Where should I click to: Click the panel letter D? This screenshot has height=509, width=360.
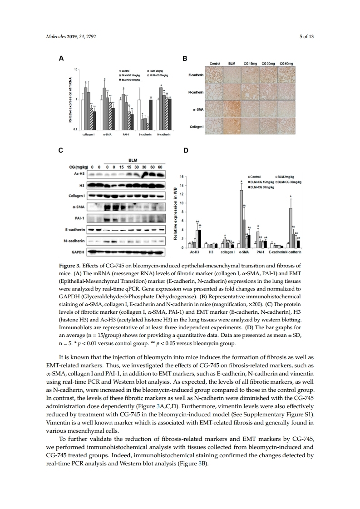tap(185, 150)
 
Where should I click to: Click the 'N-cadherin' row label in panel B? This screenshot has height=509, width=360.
tap(195, 92)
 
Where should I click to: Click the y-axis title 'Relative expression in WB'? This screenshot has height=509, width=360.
tap(175, 211)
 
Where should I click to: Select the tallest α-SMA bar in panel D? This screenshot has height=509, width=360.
tap(242, 218)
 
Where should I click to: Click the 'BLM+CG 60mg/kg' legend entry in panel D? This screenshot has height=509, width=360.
tap(264, 186)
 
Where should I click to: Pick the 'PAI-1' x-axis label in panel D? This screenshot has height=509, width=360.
tap(260, 252)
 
